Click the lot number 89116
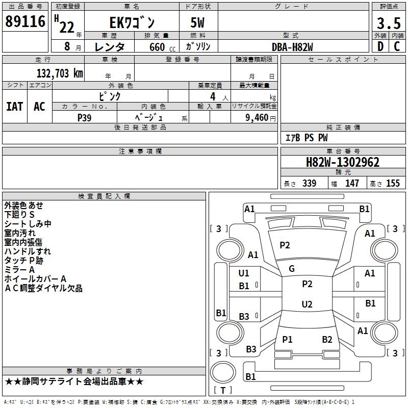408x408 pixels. [25, 21]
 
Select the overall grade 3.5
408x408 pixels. [389, 23]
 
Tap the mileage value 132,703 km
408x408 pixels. [60, 73]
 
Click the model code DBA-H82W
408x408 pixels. [292, 47]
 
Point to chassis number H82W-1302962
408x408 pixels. [343, 162]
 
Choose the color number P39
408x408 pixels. [84, 118]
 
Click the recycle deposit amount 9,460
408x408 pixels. [257, 118]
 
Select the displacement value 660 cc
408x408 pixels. [162, 47]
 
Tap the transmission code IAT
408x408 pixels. [15, 107]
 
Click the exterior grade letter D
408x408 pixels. [380, 46]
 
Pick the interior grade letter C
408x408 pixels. [397, 46]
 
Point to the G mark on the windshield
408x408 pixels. [292, 269]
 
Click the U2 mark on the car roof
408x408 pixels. [307, 304]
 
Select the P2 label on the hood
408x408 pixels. [285, 245]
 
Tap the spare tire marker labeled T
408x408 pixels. [223, 390]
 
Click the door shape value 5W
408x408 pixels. [197, 22]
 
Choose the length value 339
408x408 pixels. [309, 183]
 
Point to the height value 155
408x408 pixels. [393, 183]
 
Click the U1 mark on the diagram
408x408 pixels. [244, 273]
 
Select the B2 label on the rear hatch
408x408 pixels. [327, 340]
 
